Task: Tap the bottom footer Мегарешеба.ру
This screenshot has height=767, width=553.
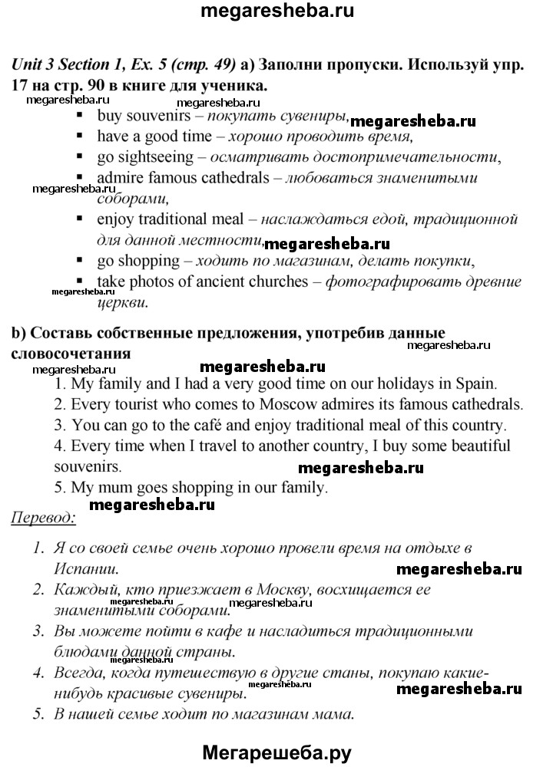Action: [276, 752]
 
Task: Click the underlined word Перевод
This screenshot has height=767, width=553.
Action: [43, 518]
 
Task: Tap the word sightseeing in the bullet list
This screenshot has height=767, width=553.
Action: [153, 157]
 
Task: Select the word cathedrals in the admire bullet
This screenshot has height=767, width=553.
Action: [228, 178]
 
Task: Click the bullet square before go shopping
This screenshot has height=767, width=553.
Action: [81, 259]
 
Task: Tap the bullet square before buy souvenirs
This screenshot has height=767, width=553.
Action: [81, 117]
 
